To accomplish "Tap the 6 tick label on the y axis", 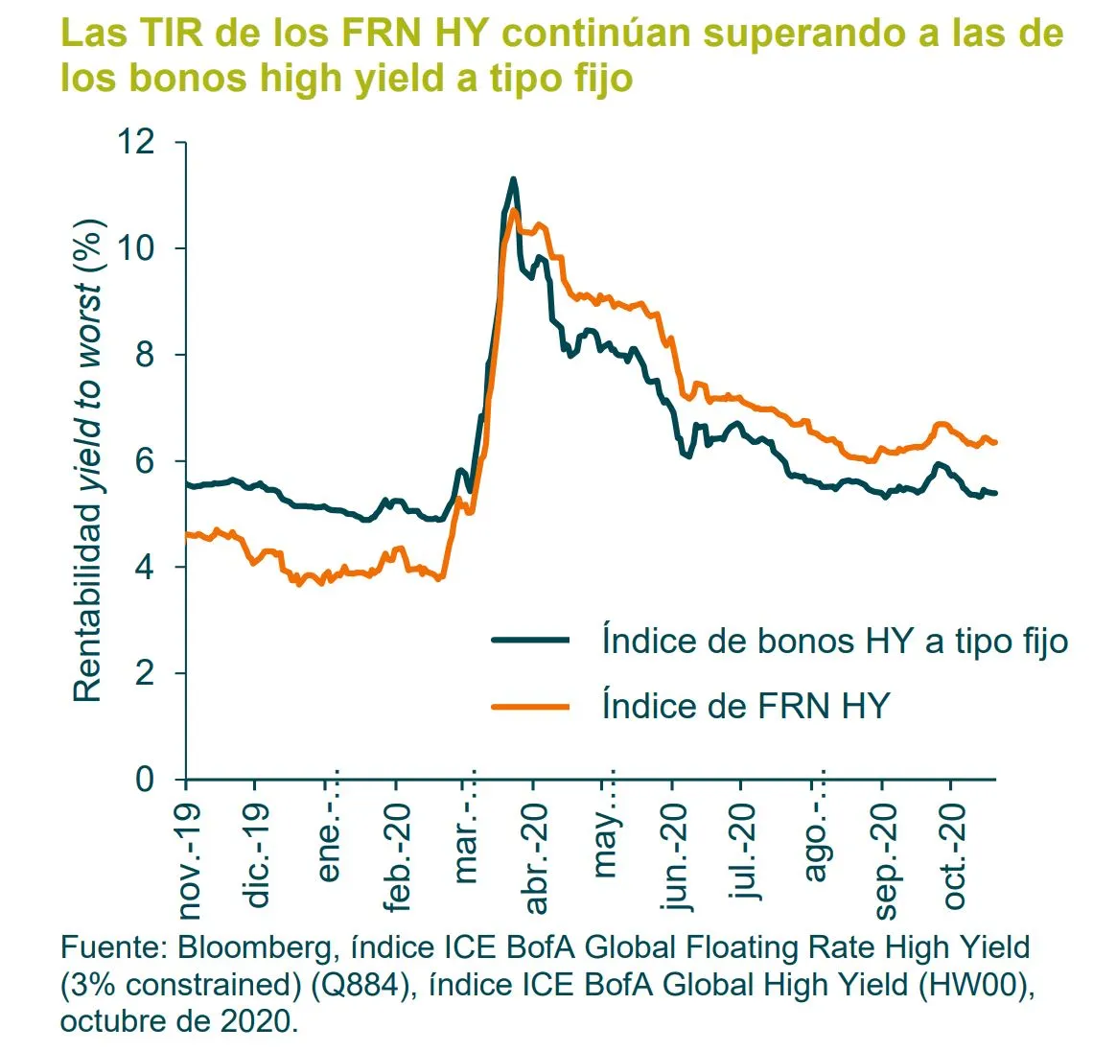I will click(x=144, y=461).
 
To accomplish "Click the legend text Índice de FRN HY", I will click(x=745, y=706).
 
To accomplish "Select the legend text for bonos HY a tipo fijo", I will click(x=834, y=641).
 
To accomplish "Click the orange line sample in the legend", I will click(x=530, y=707).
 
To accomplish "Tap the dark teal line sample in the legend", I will click(x=530, y=641).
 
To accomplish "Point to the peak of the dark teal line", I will click(x=514, y=178).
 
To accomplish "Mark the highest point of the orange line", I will click(x=515, y=210).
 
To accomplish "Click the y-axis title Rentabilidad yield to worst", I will click(x=87, y=460).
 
